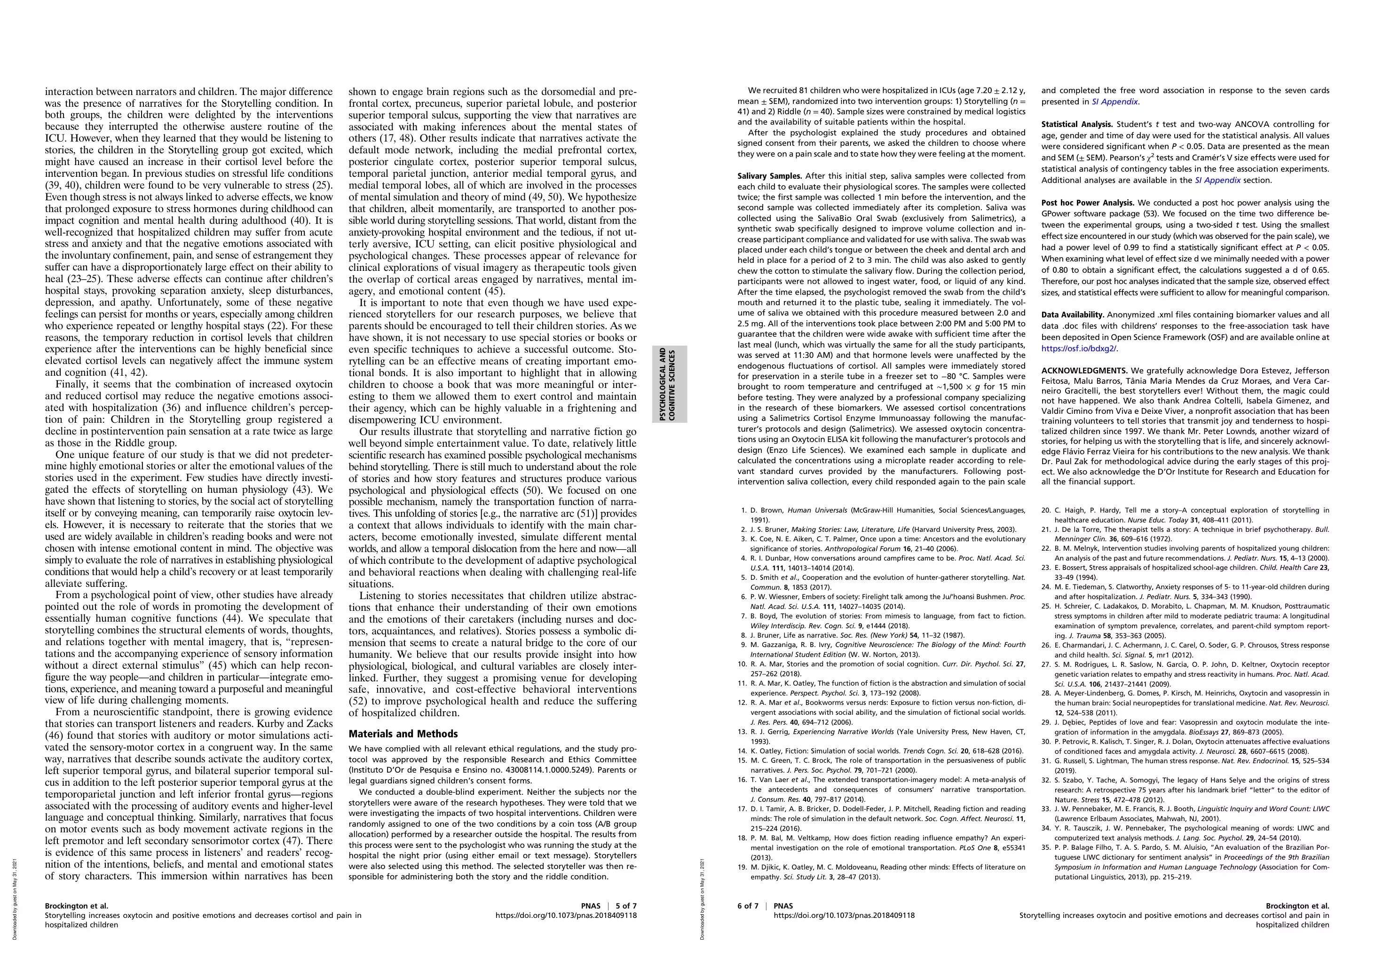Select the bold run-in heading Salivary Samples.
tap(769, 176)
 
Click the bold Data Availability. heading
tap(1073, 315)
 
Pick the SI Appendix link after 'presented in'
tap(1114, 102)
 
